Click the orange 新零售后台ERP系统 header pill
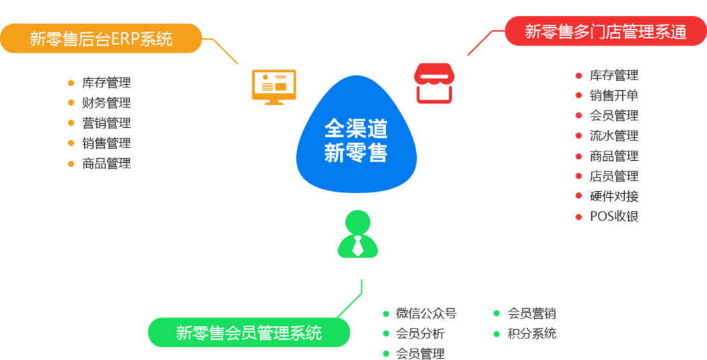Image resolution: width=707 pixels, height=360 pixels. (x=101, y=38)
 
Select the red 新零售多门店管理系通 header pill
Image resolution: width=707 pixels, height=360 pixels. (x=606, y=32)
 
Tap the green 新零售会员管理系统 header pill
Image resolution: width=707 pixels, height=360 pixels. (x=248, y=332)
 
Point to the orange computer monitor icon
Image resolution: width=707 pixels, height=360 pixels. (x=273, y=85)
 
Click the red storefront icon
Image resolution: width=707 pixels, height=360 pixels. (x=434, y=83)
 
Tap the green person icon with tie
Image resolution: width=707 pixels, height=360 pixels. (x=358, y=235)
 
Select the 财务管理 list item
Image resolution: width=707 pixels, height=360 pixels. (x=106, y=103)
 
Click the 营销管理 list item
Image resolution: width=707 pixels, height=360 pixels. (x=106, y=123)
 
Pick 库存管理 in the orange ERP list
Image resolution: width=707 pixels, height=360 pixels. (x=106, y=83)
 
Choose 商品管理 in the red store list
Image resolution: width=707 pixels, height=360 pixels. (x=614, y=156)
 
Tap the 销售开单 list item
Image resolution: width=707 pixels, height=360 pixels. (x=614, y=96)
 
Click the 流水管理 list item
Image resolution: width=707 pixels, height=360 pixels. (x=614, y=136)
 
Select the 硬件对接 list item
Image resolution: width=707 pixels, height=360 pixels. (x=614, y=196)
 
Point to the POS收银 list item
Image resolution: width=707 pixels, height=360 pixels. (x=614, y=217)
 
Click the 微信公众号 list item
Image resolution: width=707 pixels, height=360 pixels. (x=426, y=314)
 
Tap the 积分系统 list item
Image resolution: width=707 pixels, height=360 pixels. (x=532, y=334)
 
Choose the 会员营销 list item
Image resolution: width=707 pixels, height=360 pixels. (x=532, y=314)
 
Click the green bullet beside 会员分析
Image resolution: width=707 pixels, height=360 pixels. (x=386, y=334)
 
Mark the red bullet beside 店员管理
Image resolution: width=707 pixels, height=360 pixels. (x=578, y=176)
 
